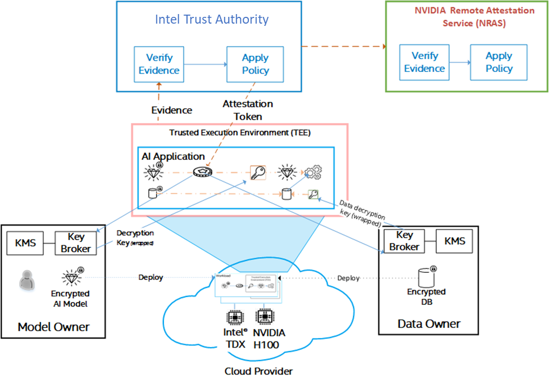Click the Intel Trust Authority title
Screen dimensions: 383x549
tap(212, 20)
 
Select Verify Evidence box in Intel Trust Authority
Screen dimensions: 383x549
tap(159, 64)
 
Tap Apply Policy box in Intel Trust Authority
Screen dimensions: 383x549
tap(255, 64)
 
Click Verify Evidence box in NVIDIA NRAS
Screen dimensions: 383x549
tap(425, 62)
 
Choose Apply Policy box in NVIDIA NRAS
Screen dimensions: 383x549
tap(499, 62)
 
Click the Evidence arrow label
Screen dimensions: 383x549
tap(172, 110)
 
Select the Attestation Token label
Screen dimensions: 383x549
tap(248, 110)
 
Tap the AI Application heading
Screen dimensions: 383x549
tap(173, 156)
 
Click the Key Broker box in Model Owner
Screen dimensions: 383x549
tap(75, 243)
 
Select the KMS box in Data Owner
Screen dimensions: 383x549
tap(455, 241)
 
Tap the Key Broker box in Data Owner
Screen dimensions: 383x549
tap(404, 241)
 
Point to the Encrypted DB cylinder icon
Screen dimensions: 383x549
tap(426, 277)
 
